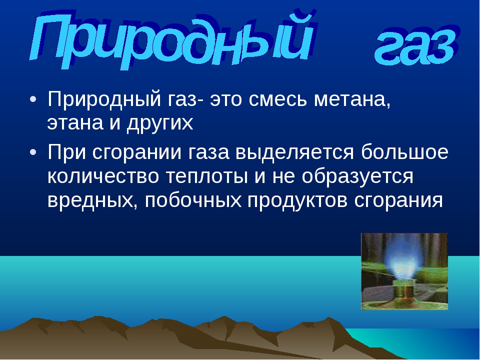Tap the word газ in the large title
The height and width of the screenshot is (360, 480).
click(x=417, y=46)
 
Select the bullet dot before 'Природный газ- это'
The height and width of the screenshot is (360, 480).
click(x=33, y=99)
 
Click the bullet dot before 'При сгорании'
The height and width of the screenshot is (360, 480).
click(x=33, y=152)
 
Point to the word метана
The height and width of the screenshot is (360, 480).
click(x=352, y=100)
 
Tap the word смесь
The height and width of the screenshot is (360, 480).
click(x=277, y=99)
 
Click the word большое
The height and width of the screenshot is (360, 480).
click(x=404, y=152)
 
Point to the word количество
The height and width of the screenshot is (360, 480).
click(x=103, y=176)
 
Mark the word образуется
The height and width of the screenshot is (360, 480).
click(x=357, y=176)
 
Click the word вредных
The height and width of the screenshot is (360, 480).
click(x=92, y=201)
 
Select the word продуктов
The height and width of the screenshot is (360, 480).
click(x=297, y=201)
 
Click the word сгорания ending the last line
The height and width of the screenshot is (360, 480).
click(x=398, y=201)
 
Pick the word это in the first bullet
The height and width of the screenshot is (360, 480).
click(x=226, y=100)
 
